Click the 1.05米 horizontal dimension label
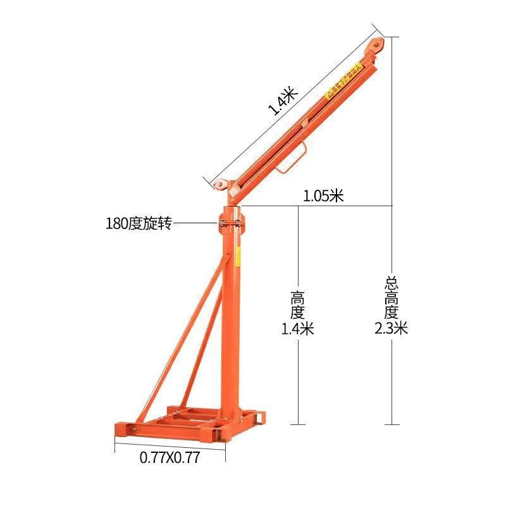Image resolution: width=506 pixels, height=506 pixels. (x=323, y=196)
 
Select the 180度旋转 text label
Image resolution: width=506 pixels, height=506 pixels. (x=139, y=223)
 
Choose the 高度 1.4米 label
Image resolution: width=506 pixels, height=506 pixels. (x=298, y=312)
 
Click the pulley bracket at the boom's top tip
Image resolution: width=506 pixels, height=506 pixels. (x=376, y=46)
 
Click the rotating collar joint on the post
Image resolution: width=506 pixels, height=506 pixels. (x=231, y=223)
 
